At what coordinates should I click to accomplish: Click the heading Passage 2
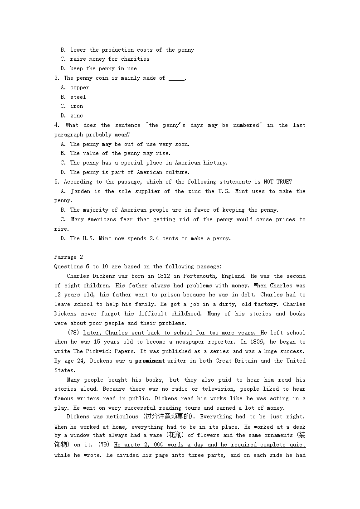click(68, 257)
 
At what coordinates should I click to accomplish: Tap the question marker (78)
click(74, 333)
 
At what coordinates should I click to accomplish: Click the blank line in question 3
click(176, 78)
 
